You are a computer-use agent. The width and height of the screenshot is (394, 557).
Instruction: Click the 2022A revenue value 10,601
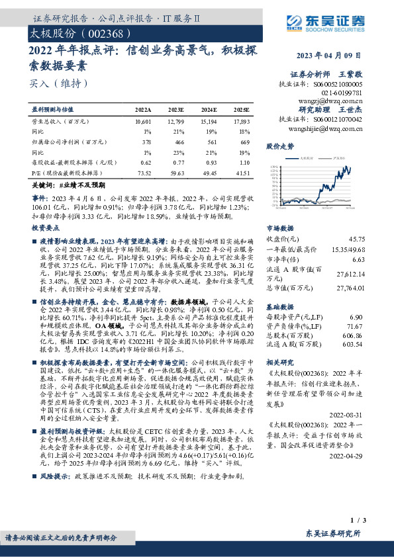pos(142,122)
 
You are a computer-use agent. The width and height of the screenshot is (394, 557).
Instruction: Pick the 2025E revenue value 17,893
pos(240,122)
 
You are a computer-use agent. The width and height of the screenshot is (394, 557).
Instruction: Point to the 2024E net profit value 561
pos(209,141)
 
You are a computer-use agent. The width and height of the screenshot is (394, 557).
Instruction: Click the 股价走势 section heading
pos(280,146)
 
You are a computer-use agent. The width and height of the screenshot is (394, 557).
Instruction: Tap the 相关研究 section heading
pos(280,364)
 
